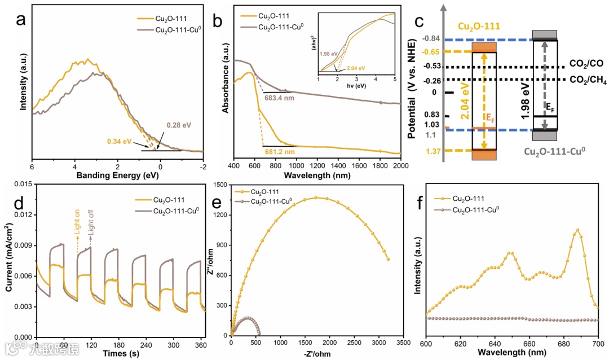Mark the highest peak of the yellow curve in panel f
pos(577,230)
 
